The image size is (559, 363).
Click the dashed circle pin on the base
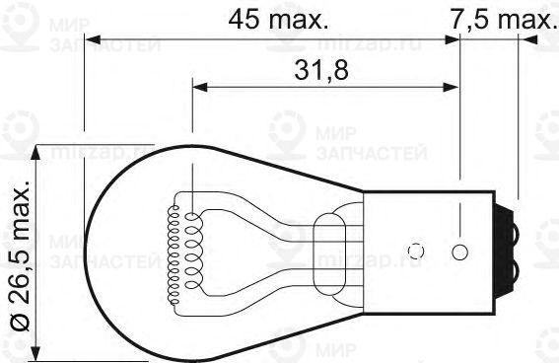[x=415, y=250]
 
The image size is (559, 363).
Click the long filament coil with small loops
[x=179, y=242]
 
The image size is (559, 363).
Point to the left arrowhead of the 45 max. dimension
[x=92, y=39]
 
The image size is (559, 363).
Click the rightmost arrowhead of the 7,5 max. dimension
[x=527, y=39]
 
